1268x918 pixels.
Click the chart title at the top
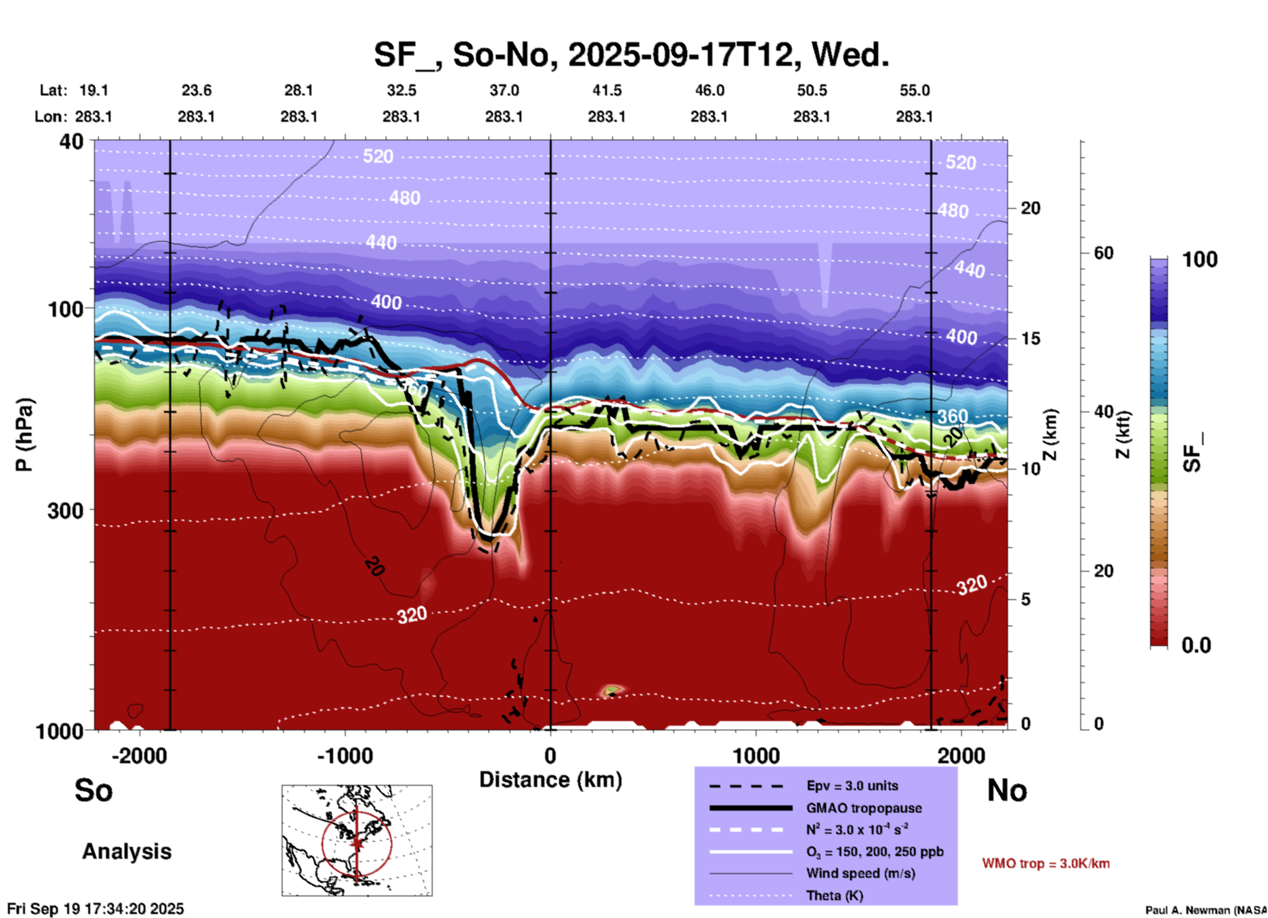(631, 55)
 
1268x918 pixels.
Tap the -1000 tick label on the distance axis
(344, 756)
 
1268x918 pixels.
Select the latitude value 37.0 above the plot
(504, 90)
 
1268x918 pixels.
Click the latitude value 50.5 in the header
(811, 90)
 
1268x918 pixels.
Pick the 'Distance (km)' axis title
(550, 780)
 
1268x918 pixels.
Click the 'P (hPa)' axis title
(24, 435)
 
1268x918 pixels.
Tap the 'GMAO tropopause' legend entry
(864, 808)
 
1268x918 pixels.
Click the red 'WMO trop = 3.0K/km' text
(1045, 863)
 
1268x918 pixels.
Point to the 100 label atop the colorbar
(1200, 259)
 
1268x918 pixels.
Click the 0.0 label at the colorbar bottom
(1196, 645)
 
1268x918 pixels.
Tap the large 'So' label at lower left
(93, 790)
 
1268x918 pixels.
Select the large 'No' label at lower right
(1007, 790)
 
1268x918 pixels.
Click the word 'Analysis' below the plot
(126, 851)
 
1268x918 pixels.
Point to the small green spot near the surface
(612, 690)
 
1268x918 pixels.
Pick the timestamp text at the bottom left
(95, 909)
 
